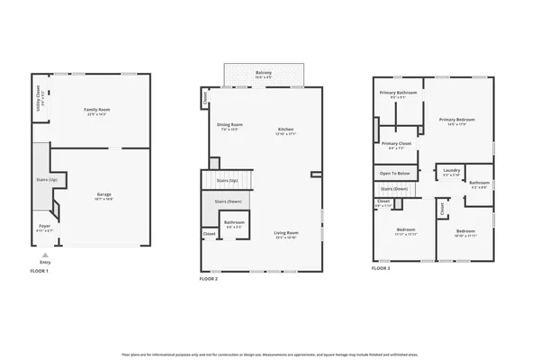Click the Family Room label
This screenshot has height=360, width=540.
[96, 109]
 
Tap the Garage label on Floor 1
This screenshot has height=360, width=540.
[103, 193]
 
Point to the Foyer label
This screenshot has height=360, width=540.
[44, 226]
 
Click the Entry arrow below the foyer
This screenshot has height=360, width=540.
[45, 256]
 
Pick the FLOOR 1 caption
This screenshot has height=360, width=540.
[40, 271]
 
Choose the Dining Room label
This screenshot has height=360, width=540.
[230, 125]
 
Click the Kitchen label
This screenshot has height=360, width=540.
[286, 130]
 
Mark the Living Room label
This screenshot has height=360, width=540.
[286, 233]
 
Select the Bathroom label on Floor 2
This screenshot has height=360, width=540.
[234, 222]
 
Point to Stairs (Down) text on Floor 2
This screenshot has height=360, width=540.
[228, 201]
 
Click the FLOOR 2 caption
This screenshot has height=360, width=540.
[209, 280]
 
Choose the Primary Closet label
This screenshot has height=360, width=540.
[396, 143]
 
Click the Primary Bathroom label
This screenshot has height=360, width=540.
[397, 93]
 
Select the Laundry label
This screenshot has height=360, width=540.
[451, 169]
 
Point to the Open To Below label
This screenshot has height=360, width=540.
[395, 173]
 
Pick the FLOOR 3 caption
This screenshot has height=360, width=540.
[382, 268]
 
